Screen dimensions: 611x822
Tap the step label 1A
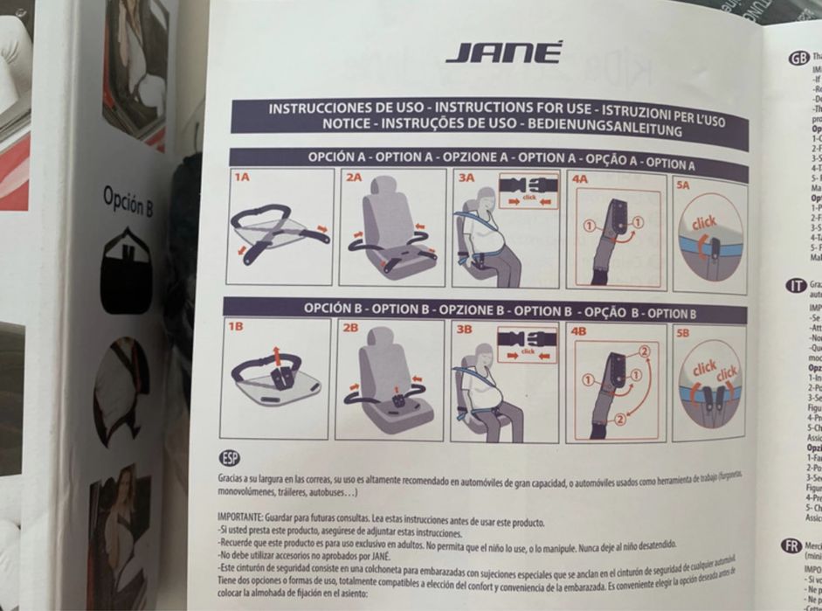pos(242,177)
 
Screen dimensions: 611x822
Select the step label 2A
pos(354,177)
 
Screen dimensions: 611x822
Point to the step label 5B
pos(682,334)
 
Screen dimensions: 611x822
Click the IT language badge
pos(796,285)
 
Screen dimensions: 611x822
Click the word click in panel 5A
pos(703,223)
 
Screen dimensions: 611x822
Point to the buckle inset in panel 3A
pos(527,190)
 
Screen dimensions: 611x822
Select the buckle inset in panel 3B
pos(526,342)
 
